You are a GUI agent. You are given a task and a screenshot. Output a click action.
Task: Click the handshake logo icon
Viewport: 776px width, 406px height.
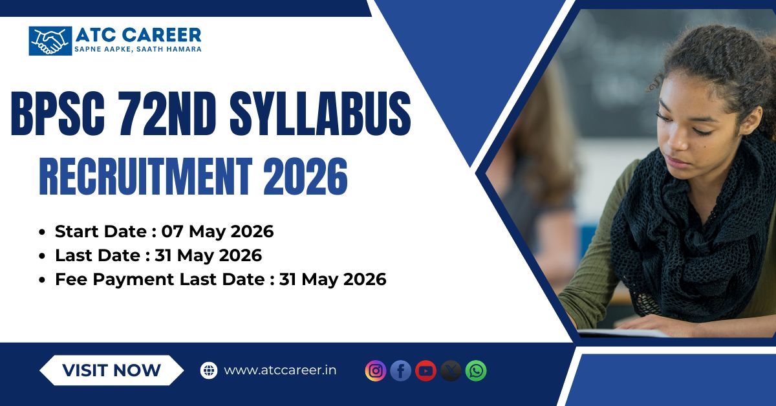point(50,41)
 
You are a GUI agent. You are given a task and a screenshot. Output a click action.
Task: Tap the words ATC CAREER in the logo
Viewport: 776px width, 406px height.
point(138,35)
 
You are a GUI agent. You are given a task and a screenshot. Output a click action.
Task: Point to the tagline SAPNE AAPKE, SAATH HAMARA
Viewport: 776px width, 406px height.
point(138,49)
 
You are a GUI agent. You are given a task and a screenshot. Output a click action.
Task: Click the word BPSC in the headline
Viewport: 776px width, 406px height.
point(58,113)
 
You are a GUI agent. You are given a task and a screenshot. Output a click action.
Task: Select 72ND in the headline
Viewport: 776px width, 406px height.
point(167,113)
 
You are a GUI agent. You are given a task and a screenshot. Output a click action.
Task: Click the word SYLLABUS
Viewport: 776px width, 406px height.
point(320,113)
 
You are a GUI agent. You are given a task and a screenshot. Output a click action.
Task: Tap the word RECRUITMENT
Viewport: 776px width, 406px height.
point(146,176)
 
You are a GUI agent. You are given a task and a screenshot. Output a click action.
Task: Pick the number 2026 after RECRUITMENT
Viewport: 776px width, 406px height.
point(305,176)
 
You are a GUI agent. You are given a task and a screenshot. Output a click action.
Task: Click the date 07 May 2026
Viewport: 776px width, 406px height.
point(217,231)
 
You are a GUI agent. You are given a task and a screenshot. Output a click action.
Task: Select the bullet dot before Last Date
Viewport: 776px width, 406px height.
point(42,256)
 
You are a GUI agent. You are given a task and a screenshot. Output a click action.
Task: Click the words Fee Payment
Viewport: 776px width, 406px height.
point(114,279)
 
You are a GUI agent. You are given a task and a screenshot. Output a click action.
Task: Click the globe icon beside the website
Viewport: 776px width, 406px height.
point(209,370)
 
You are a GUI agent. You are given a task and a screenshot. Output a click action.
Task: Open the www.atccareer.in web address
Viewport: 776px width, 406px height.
point(280,370)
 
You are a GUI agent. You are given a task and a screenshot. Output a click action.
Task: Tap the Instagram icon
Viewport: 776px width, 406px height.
point(376,370)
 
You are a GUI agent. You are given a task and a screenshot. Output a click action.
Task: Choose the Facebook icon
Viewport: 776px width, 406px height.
point(400,370)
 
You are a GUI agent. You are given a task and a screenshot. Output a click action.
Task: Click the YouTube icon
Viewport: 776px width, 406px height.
point(426,370)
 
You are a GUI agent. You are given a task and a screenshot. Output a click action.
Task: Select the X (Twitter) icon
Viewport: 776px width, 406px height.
point(451,370)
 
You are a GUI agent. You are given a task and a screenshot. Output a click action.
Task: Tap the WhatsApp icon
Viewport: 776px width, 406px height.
point(476,370)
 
